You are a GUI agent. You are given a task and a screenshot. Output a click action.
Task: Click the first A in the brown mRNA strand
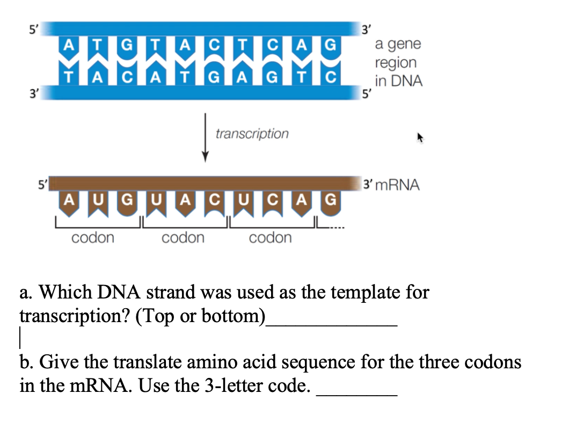(x=68, y=201)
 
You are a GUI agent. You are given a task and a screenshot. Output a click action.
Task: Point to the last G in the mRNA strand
(x=331, y=201)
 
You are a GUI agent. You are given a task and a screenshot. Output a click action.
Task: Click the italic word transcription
(x=252, y=134)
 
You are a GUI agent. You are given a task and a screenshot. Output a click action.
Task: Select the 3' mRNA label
(x=391, y=186)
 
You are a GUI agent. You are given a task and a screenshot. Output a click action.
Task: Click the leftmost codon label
(x=93, y=237)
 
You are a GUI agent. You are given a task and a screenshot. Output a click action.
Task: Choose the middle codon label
(x=183, y=237)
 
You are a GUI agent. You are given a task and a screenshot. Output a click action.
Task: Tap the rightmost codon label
(x=271, y=237)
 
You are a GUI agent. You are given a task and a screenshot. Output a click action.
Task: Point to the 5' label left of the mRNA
(x=39, y=184)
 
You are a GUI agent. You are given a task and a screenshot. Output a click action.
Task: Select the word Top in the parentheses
(x=156, y=316)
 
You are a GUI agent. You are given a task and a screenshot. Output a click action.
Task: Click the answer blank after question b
(x=357, y=395)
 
